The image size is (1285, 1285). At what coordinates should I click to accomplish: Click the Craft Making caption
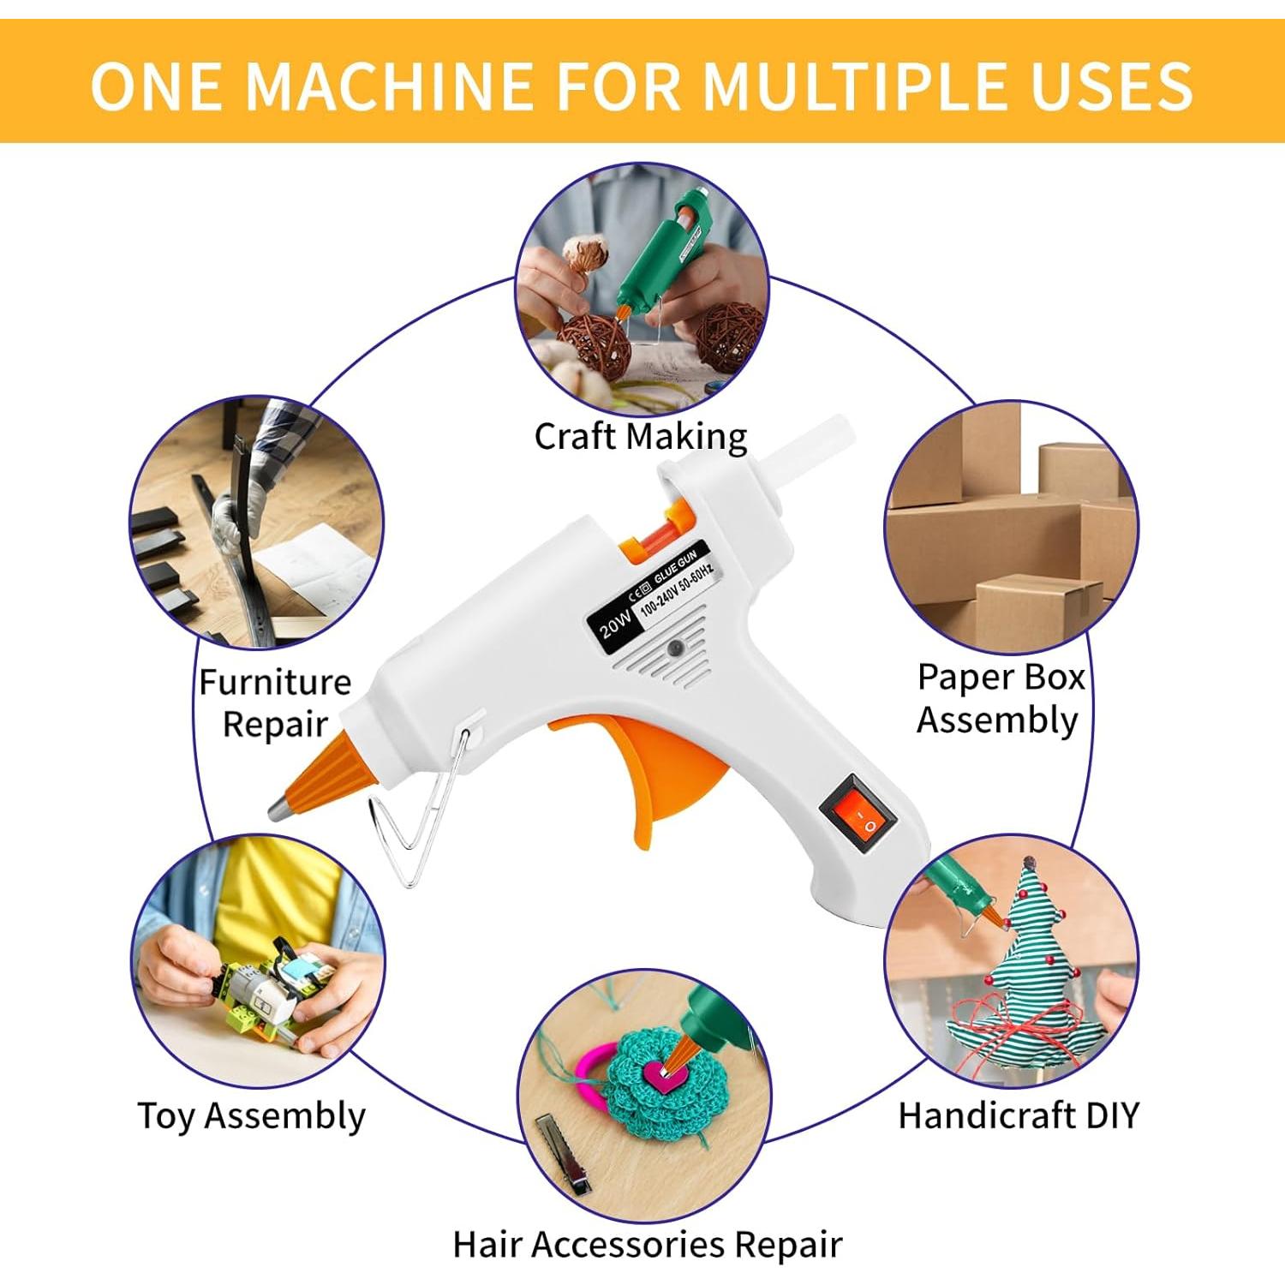click(x=641, y=436)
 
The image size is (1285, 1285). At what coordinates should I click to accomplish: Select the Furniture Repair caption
click(x=275, y=702)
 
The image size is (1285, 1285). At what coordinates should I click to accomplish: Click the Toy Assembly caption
click(x=252, y=1116)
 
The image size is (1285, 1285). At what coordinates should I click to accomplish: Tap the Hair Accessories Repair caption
click(x=648, y=1245)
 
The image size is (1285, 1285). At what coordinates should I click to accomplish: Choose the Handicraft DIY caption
click(x=1019, y=1115)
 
